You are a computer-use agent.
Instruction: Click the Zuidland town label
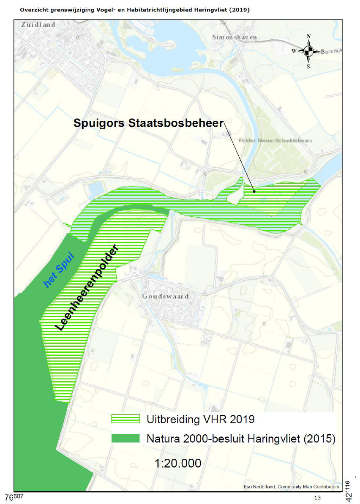[38, 25]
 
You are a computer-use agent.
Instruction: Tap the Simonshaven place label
[235, 38]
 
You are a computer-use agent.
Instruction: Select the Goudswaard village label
[165, 296]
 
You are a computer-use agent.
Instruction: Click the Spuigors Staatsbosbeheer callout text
[148, 123]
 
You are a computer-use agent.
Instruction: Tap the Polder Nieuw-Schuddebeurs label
[275, 140]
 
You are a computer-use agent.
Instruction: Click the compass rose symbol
[309, 51]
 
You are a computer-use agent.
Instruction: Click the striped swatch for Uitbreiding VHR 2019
[125, 419]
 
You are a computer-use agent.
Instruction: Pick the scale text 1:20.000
[178, 463]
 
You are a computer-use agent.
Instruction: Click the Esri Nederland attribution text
[291, 487]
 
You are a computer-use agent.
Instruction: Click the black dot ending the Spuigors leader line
[254, 191]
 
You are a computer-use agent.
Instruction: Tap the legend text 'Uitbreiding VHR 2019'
[200, 419]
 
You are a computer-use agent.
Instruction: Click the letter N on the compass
[309, 37]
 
